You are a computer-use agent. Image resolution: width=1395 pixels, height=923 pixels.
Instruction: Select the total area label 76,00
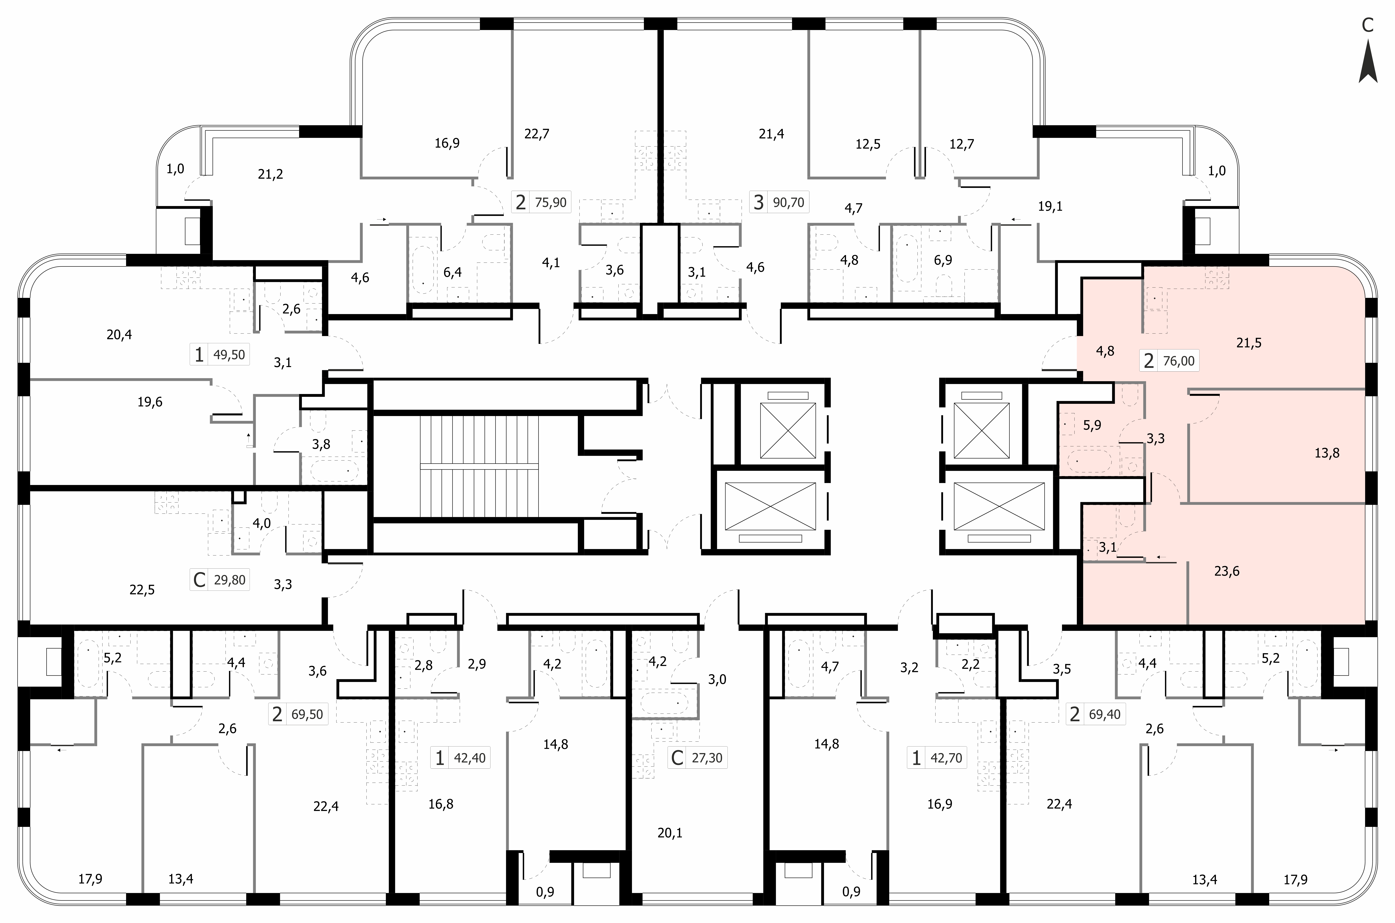(x=1179, y=361)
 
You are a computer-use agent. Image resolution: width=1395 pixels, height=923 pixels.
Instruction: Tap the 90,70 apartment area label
(x=788, y=203)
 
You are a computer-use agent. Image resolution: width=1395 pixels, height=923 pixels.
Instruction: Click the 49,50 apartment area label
(x=229, y=355)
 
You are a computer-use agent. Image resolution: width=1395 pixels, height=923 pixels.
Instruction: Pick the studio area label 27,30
(x=707, y=758)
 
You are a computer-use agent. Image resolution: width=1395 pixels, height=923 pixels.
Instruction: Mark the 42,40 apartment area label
(x=470, y=758)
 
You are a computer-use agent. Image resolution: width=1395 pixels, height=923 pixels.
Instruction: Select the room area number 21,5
(x=1248, y=343)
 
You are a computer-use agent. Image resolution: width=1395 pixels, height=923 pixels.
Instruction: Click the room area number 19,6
(x=150, y=402)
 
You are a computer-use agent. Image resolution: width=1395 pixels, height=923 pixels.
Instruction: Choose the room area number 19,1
(x=1050, y=207)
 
